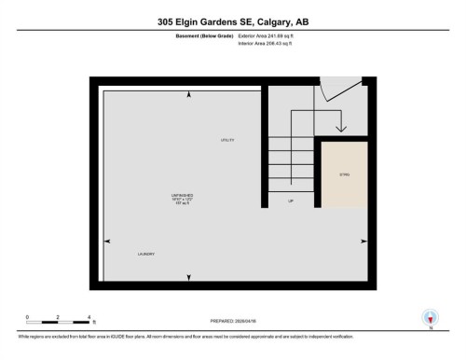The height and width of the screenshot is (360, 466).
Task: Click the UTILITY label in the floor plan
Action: pos(226,140)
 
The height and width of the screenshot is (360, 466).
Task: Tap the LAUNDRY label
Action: pos(146,254)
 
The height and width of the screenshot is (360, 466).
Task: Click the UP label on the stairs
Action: pos(291,201)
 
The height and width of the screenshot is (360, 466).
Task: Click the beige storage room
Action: pos(343,177)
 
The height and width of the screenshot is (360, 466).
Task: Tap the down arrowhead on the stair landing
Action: pos(341,128)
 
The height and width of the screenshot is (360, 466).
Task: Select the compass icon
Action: pos(431,317)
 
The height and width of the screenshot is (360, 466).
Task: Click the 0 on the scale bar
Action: pos(28,318)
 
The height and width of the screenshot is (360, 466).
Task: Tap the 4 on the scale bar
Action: pos(89,318)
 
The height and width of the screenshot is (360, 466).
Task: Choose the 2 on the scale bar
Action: pos(58,318)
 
